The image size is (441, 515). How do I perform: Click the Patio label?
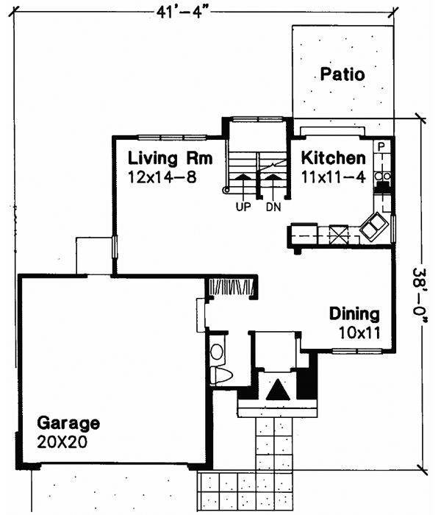(343, 74)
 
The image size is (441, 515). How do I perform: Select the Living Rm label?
(170, 158)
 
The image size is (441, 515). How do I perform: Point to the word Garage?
(68, 424)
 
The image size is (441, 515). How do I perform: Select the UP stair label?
(243, 207)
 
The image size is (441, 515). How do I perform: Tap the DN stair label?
(273, 207)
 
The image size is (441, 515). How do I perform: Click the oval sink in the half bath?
(217, 352)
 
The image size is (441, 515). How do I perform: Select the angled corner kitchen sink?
(375, 225)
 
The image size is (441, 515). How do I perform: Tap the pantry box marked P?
(381, 147)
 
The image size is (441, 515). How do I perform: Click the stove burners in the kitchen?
(382, 177)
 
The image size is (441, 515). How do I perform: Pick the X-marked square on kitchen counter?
(340, 234)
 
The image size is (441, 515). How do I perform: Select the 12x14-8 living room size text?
(162, 177)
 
